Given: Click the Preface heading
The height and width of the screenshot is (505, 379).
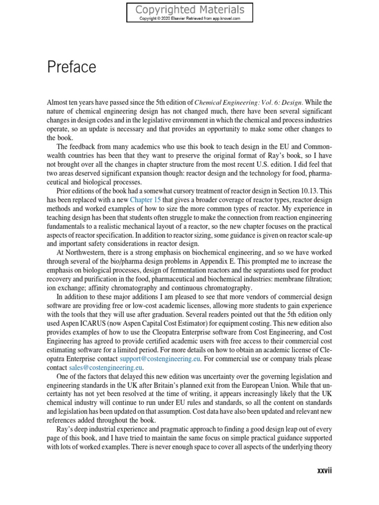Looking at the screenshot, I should pyautogui.click(x=72, y=68).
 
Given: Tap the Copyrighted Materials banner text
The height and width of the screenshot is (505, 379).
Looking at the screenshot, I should pyautogui.click(x=189, y=10).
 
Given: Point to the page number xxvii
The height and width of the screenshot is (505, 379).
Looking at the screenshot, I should pyautogui.click(x=324, y=471).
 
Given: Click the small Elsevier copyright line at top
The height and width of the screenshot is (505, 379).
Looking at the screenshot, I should pyautogui.click(x=189, y=18).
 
